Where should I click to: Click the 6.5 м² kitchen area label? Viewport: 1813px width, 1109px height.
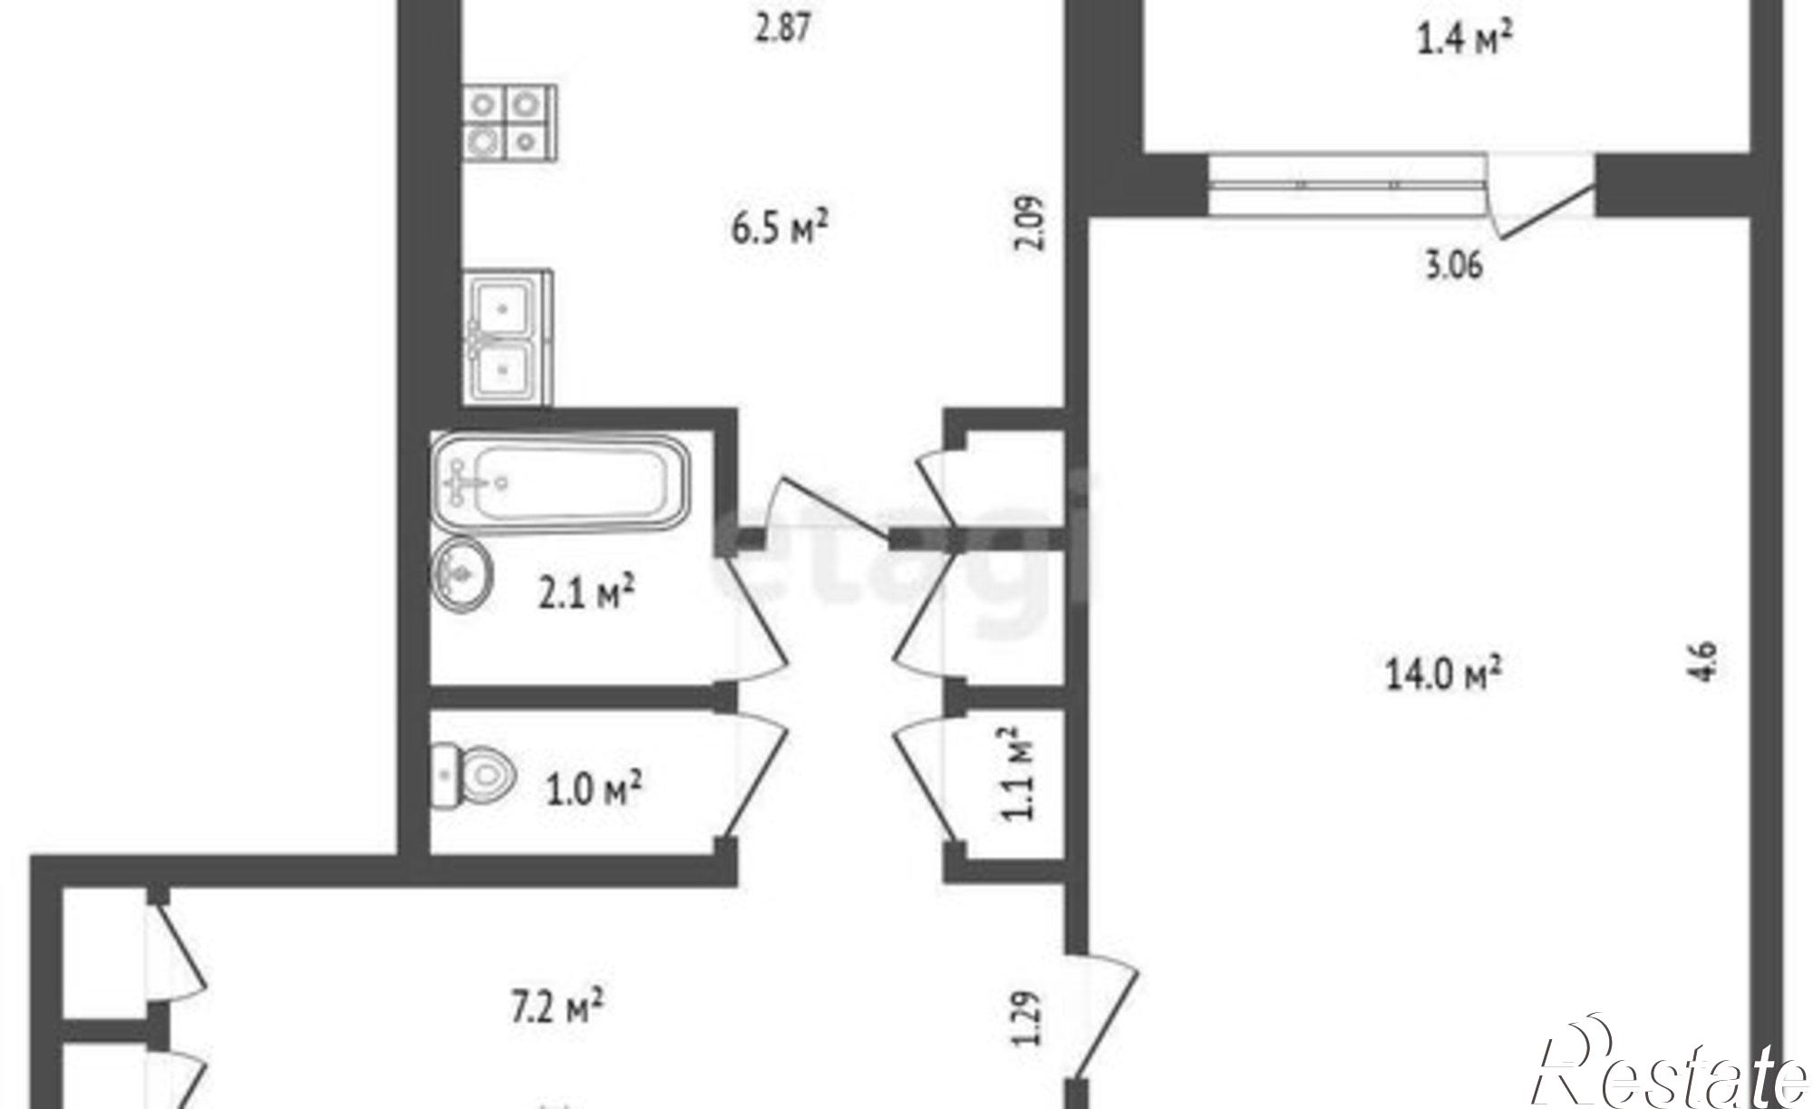[x=780, y=227]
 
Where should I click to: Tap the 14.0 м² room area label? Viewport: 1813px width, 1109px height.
[x=1443, y=673]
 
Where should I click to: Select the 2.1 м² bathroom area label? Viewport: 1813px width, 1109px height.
[x=586, y=593]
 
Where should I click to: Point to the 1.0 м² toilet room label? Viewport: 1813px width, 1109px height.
[x=594, y=788]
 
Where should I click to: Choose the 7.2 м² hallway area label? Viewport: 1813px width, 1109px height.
[x=557, y=1007]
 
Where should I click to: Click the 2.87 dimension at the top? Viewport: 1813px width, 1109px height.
[x=782, y=27]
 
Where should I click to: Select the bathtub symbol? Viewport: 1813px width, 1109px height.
[x=559, y=482]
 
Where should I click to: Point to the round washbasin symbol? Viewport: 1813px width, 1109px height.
[x=463, y=574]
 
